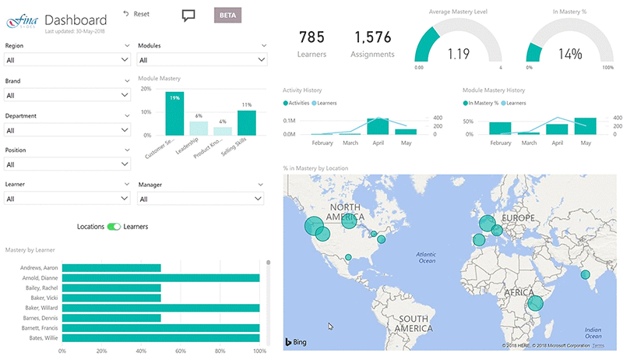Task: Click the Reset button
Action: (136, 14)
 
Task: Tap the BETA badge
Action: (229, 15)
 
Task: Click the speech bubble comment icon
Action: (188, 15)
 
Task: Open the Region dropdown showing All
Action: (67, 60)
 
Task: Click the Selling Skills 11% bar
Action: (247, 123)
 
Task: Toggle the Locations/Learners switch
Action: (114, 227)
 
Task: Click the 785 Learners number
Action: (311, 37)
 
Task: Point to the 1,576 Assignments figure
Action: (373, 37)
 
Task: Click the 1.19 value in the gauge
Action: (458, 55)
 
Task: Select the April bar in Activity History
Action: (378, 127)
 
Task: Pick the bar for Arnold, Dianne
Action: (160, 278)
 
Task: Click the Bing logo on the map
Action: (295, 342)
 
